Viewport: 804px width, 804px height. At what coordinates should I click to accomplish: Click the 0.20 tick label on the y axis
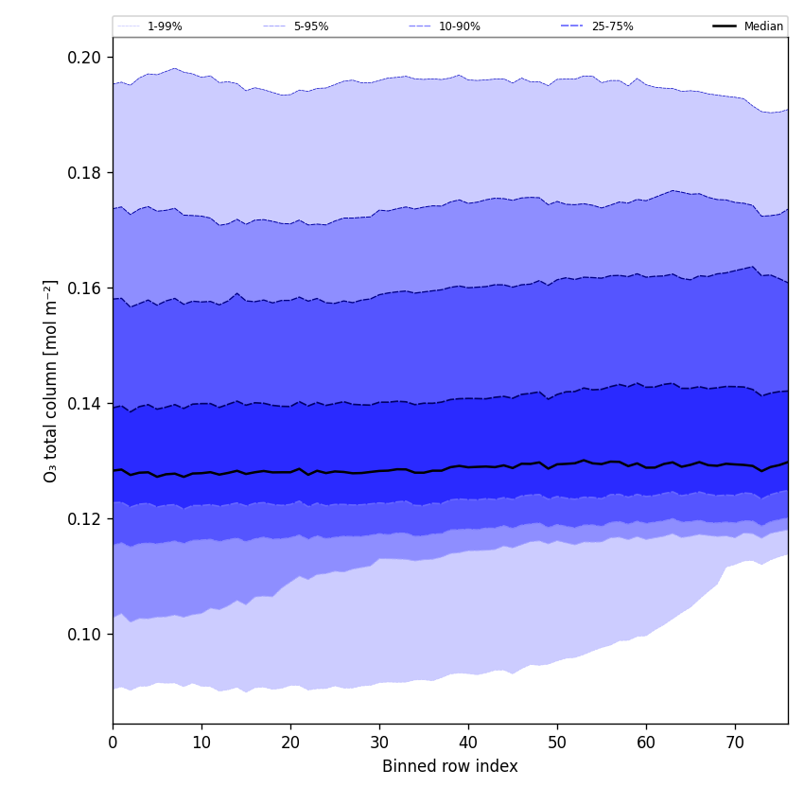click(84, 58)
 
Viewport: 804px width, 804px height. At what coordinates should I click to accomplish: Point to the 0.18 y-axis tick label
click(84, 173)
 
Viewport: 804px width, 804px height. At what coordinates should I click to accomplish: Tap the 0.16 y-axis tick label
click(84, 288)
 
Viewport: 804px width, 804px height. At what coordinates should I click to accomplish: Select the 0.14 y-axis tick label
click(84, 404)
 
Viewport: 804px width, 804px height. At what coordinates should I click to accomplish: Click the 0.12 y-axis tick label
click(84, 519)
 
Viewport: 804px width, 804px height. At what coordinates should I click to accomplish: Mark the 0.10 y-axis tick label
click(84, 635)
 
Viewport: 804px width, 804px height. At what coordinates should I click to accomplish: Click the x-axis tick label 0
click(113, 743)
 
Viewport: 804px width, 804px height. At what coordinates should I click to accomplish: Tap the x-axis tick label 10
click(201, 743)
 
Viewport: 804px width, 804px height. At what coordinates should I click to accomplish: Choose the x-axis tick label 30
click(379, 743)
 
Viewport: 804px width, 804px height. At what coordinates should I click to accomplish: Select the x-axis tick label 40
click(468, 743)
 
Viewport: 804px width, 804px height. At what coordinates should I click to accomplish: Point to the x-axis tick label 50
click(557, 743)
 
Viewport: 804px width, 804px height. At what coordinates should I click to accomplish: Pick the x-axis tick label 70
click(735, 743)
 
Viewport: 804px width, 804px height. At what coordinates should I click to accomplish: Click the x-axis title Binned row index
click(450, 767)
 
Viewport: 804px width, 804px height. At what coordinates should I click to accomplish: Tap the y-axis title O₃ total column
click(51, 380)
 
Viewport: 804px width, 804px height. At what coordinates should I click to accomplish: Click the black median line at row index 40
click(468, 466)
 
